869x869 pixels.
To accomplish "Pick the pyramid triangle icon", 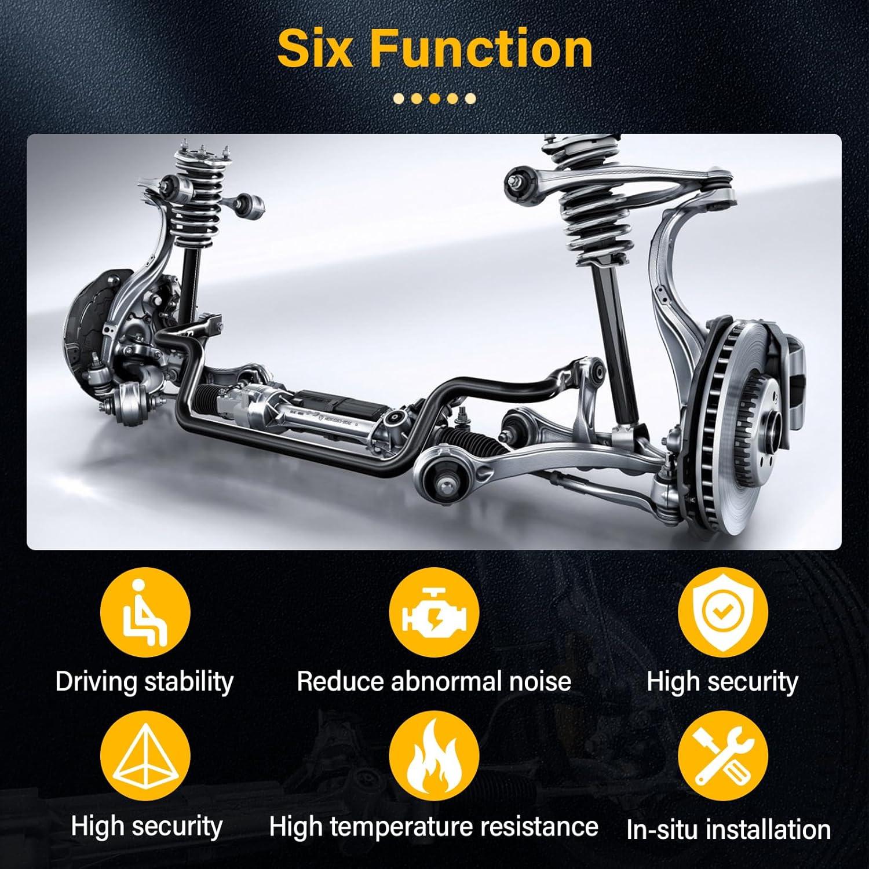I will (145, 759).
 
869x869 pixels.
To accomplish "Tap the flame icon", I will (434, 759).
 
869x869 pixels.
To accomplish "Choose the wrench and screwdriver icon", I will (723, 759).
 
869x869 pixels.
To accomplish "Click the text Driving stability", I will (144, 682).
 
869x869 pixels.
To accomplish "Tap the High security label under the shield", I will (722, 682).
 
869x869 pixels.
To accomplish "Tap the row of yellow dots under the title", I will (434, 98).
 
